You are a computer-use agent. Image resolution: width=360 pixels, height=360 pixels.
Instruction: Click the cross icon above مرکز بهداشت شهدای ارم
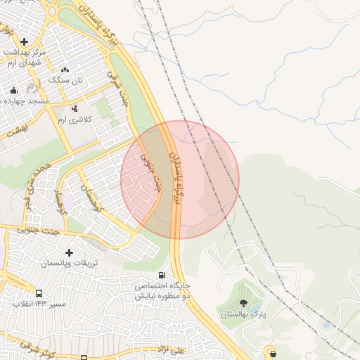coord(25,41)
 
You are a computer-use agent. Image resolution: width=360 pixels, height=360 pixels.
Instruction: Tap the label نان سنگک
coord(65,80)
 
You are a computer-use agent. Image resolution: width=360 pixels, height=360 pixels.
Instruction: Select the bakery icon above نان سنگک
coord(65,70)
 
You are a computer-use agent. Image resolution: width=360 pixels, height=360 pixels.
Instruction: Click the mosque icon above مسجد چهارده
coord(13,90)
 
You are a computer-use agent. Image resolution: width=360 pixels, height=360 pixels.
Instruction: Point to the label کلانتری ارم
coord(75,120)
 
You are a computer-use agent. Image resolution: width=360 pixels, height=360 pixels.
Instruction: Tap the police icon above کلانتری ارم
coord(75,108)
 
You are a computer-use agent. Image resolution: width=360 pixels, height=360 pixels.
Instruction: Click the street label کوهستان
coord(94,198)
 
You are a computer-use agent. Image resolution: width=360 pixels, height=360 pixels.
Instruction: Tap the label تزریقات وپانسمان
coord(69,263)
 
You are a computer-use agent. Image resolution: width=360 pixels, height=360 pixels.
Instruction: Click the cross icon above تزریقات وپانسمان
coord(69,252)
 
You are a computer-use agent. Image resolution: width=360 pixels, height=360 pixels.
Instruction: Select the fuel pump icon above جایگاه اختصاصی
coord(162,276)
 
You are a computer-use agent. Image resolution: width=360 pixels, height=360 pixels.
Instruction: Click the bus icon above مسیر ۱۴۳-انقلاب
coord(39,293)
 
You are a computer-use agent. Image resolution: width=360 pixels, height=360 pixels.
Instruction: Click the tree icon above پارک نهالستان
coord(243,303)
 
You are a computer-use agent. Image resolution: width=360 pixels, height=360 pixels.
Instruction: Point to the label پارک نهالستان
coord(242,314)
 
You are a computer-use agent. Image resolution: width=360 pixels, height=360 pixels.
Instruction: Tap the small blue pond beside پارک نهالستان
coord(324,325)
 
